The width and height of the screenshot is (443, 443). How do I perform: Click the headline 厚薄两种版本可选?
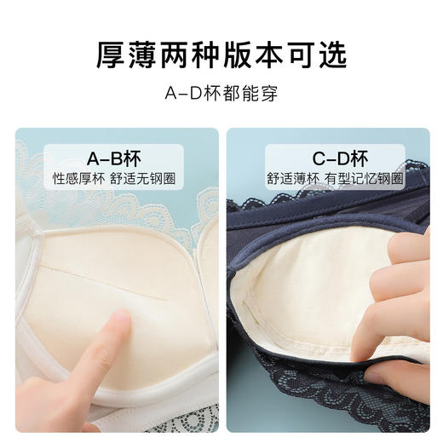pos(221,55)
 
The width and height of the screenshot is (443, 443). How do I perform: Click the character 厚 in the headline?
pos(110,55)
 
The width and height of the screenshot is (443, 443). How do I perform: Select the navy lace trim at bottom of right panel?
pos(324,405)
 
